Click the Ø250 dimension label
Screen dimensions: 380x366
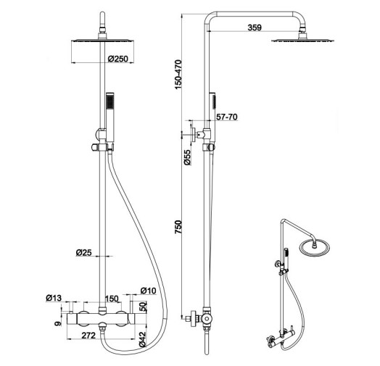(x=117, y=59)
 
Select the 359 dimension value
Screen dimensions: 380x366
(x=255, y=28)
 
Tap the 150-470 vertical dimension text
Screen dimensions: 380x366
(x=178, y=75)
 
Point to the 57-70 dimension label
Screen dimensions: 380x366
(x=227, y=117)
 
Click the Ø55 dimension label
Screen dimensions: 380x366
(x=187, y=157)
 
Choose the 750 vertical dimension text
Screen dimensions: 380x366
(x=178, y=227)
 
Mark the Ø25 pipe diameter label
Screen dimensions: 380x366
(x=84, y=253)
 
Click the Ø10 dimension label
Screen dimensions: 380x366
(x=149, y=291)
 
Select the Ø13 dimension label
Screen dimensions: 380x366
(x=54, y=298)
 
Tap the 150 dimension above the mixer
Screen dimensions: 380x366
(x=112, y=299)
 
